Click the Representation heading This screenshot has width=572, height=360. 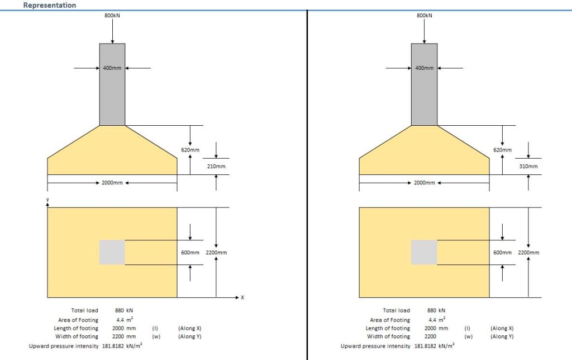50,5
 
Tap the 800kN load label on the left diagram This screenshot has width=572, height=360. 112,16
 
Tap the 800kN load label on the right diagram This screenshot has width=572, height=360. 425,16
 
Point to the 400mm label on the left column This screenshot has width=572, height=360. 112,68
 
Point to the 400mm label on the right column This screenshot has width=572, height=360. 425,68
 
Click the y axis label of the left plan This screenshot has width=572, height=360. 47,200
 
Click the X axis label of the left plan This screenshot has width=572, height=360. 242,297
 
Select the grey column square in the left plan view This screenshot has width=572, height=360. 112,252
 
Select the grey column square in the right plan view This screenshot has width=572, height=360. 424,252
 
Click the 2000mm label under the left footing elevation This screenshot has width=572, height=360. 112,183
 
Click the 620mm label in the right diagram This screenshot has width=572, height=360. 502,150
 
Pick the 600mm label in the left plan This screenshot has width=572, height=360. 190,253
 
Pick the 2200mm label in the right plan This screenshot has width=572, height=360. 528,253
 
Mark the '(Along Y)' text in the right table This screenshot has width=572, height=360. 502,337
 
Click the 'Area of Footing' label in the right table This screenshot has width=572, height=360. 390,320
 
